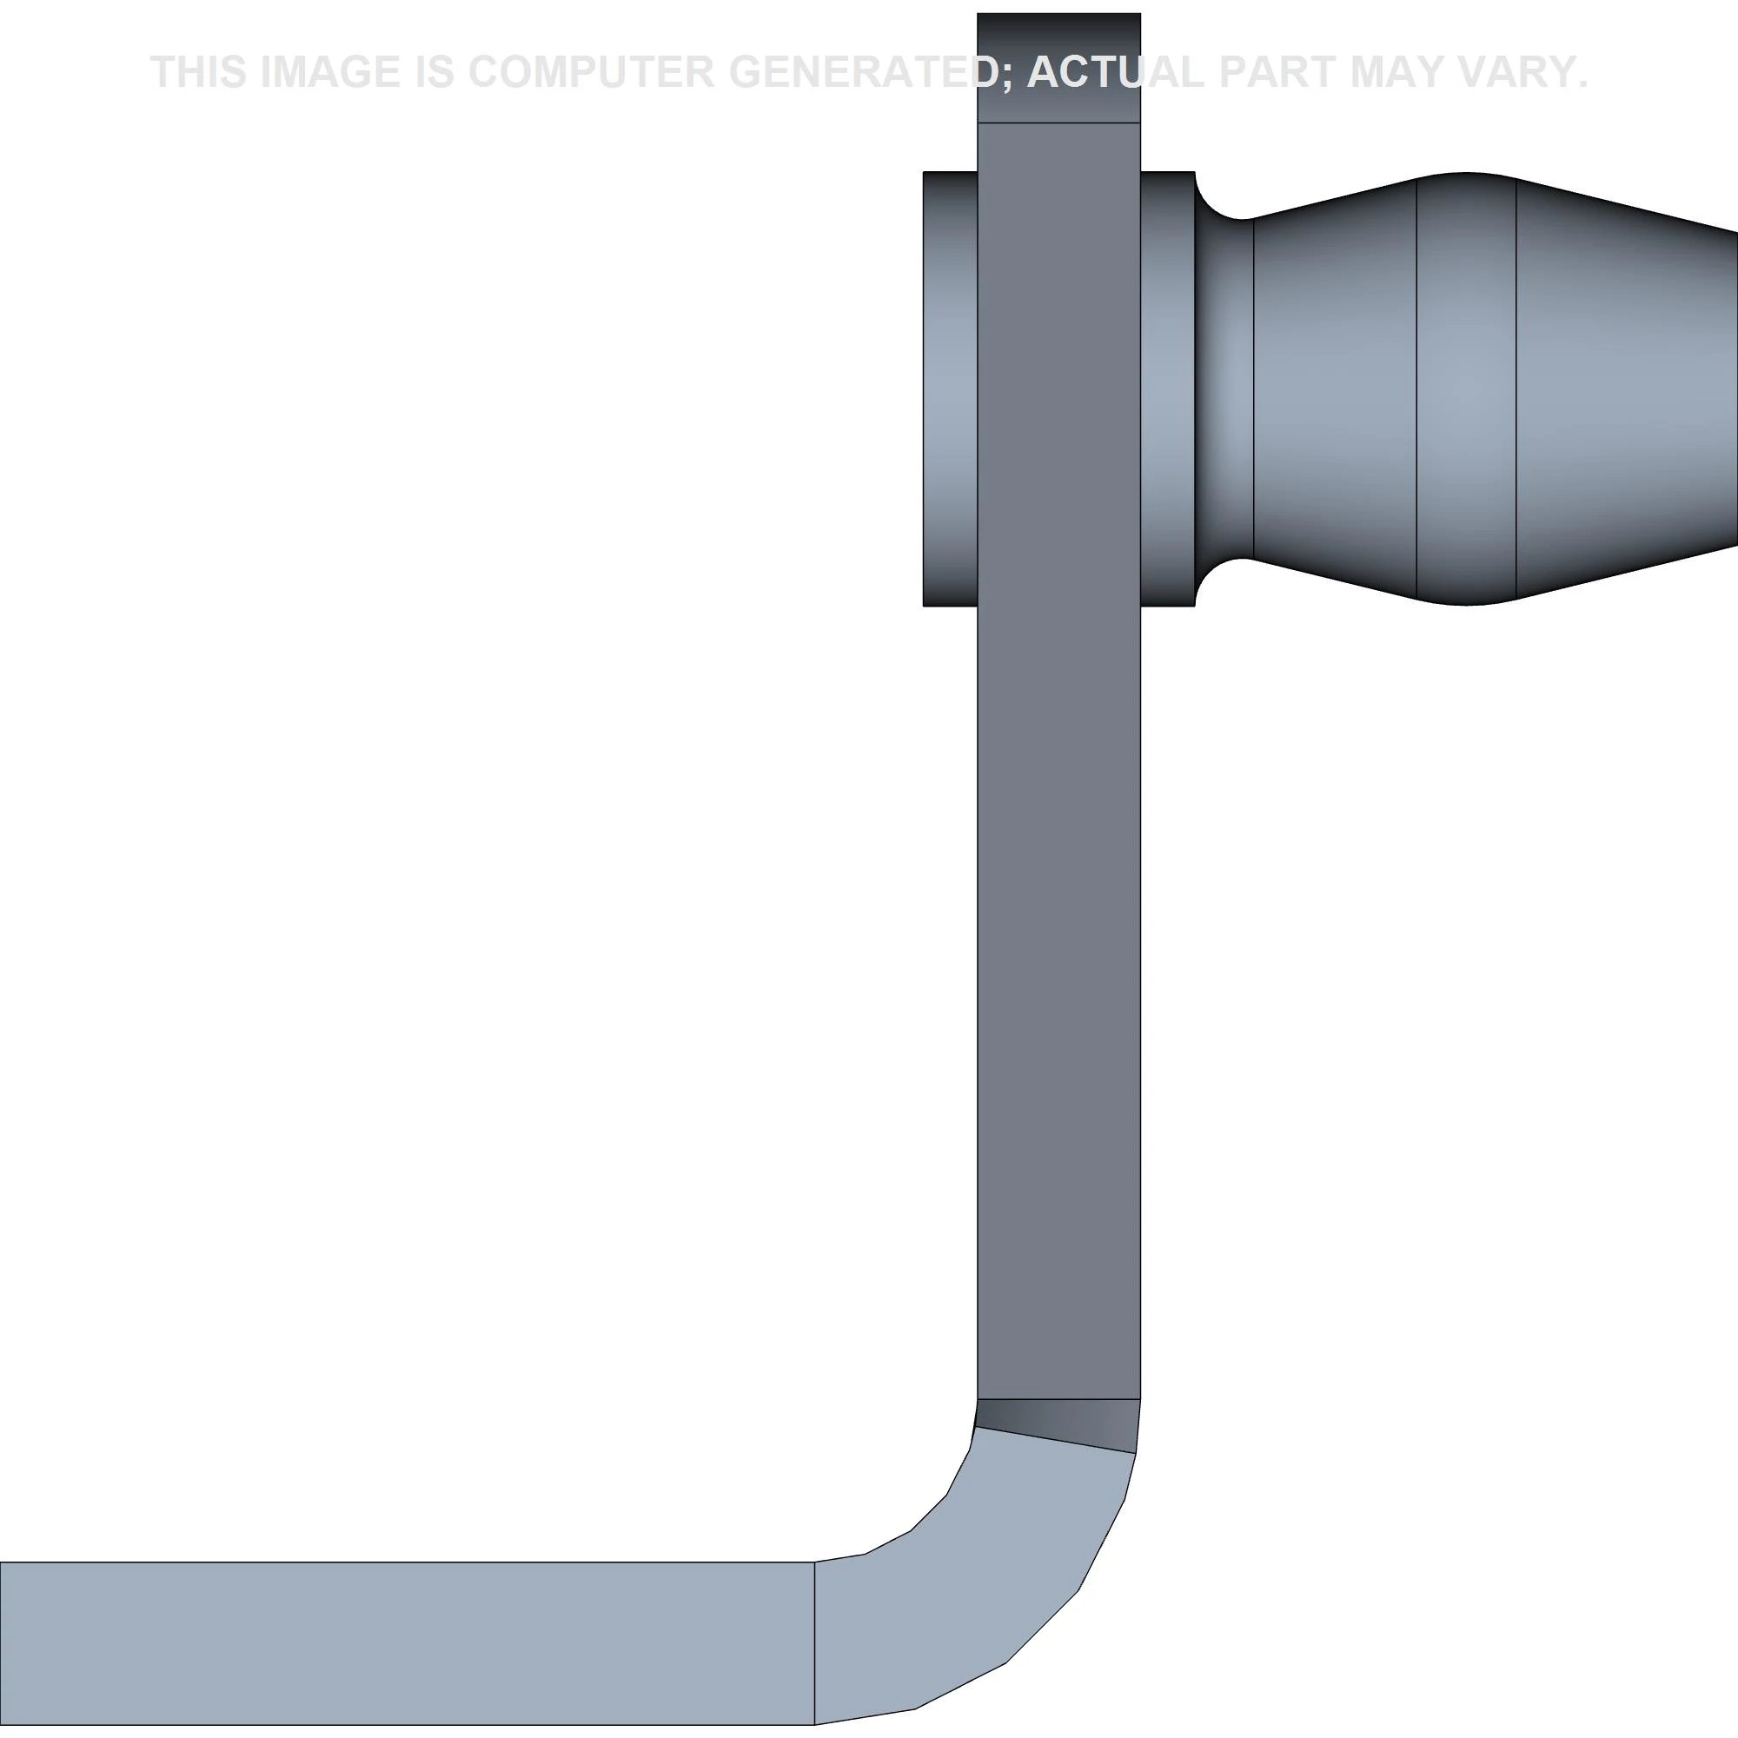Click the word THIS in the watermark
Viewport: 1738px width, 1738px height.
click(x=199, y=72)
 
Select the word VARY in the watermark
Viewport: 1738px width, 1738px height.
click(x=1524, y=72)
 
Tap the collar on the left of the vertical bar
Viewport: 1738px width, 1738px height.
click(x=950, y=388)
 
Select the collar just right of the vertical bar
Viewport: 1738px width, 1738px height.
click(x=1167, y=388)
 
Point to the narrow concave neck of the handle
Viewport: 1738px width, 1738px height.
click(x=1224, y=388)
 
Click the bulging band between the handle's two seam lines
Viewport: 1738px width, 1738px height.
click(x=1466, y=388)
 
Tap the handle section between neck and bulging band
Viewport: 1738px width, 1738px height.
click(x=1335, y=388)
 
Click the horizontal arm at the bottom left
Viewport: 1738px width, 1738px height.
click(x=405, y=1642)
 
